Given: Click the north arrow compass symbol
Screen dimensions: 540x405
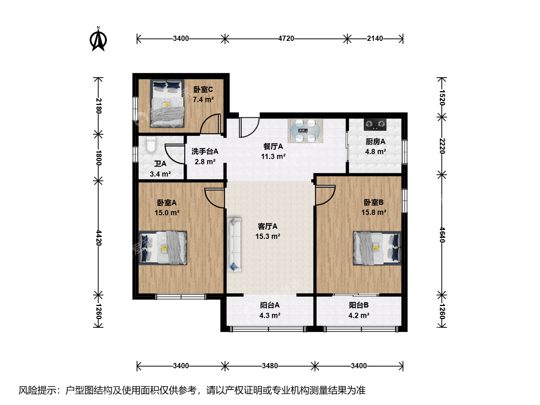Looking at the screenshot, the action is pyautogui.click(x=98, y=39).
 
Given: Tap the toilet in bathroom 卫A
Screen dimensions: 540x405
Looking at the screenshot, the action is pyautogui.click(x=151, y=144).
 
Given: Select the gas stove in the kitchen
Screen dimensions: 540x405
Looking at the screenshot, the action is pyautogui.click(x=375, y=124).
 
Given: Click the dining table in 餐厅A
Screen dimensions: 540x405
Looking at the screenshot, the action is pyautogui.click(x=305, y=131).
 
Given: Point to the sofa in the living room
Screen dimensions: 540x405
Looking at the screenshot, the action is pyautogui.click(x=234, y=244).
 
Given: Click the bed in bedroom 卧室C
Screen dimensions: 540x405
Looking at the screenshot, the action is pyautogui.click(x=167, y=103).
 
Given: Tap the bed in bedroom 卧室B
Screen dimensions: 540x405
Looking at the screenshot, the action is pyautogui.click(x=377, y=248).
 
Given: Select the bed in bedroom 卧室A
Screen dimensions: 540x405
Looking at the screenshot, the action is pyautogui.click(x=163, y=247).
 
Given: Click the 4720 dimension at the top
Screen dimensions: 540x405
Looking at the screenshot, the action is pyautogui.click(x=286, y=39).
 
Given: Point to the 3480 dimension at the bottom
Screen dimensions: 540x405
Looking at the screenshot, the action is pyautogui.click(x=270, y=366).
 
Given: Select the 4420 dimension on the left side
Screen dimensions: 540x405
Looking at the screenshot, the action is pyautogui.click(x=98, y=238).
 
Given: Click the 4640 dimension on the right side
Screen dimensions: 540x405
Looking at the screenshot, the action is pyautogui.click(x=442, y=235).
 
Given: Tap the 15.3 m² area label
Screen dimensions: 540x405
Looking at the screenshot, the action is pyautogui.click(x=268, y=236).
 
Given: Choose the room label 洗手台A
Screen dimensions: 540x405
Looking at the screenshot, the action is pyautogui.click(x=205, y=151).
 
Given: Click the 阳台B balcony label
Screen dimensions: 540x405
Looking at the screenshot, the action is pyautogui.click(x=359, y=305).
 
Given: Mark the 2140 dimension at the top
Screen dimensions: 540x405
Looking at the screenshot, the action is pyautogui.click(x=375, y=39).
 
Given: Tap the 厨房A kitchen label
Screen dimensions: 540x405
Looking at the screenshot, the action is pyautogui.click(x=375, y=142).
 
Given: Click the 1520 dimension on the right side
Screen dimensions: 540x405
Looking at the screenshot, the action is pyautogui.click(x=442, y=97).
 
